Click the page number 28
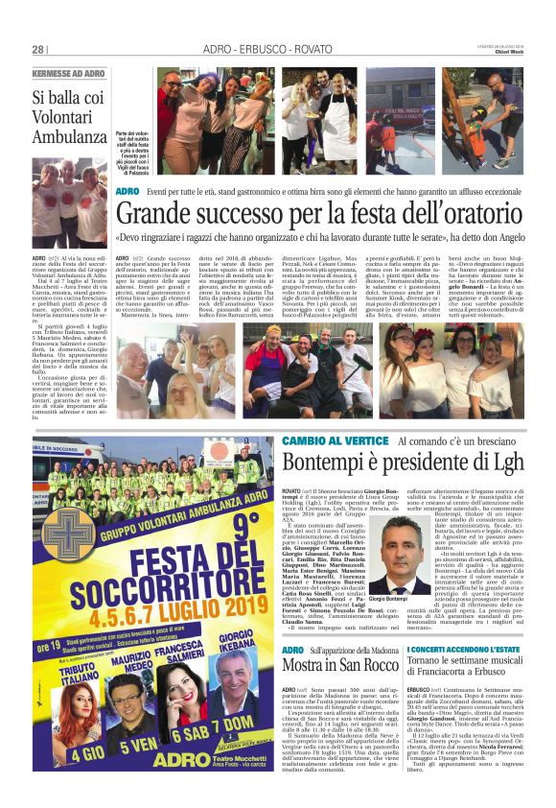click(38, 49)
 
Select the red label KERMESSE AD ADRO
click(69, 74)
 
